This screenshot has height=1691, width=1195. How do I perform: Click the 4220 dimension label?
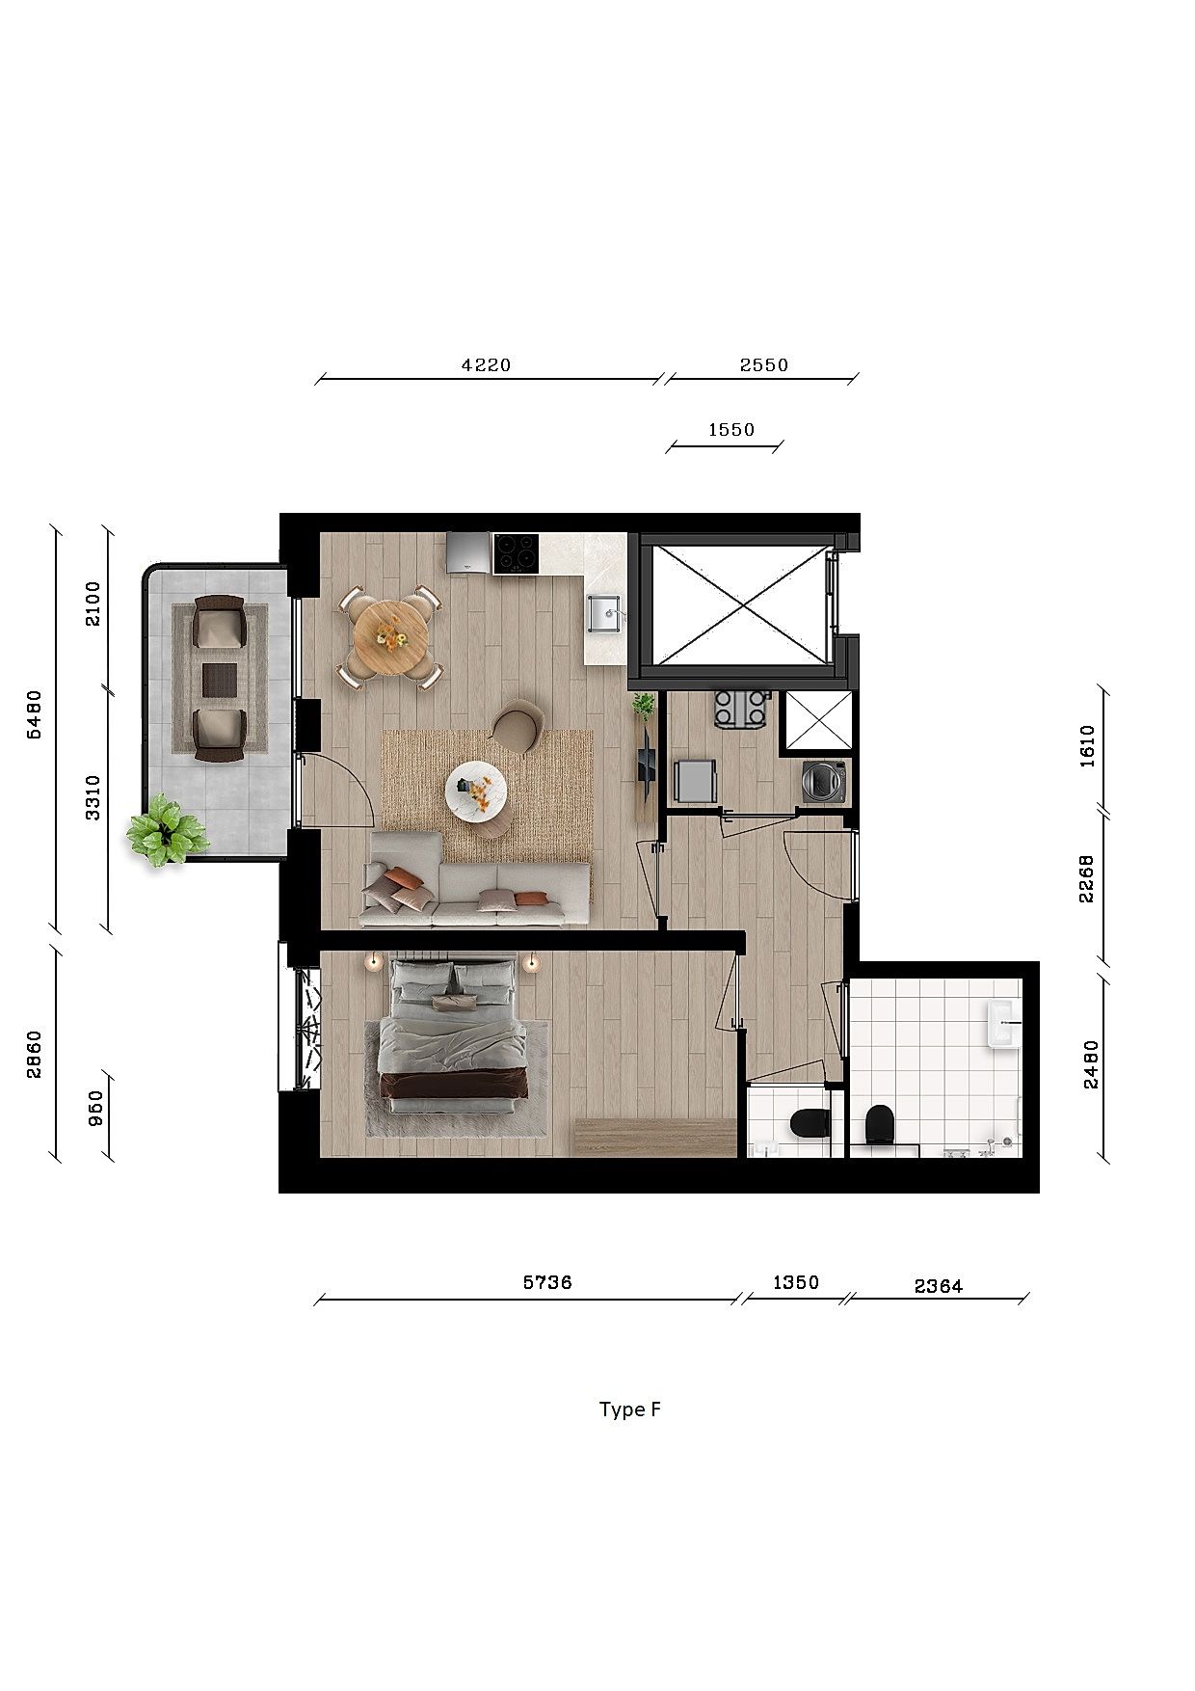(x=487, y=365)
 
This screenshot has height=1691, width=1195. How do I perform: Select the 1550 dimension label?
(x=731, y=430)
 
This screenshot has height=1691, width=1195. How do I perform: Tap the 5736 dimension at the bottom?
(x=547, y=1282)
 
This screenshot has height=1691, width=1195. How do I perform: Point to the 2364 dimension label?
(x=939, y=1285)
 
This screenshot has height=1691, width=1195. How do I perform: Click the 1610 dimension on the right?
(x=1087, y=745)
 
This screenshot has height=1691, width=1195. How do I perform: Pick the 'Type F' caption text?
(x=630, y=1409)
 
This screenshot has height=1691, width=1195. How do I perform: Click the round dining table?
(x=390, y=637)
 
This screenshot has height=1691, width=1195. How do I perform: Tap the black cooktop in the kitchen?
(x=516, y=553)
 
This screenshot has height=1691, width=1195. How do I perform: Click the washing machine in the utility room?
(x=825, y=781)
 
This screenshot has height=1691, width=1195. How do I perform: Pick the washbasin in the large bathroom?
(x=1002, y=1023)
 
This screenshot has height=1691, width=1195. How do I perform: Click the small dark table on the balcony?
(x=220, y=679)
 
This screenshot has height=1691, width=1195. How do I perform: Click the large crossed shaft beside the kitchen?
(x=740, y=604)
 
